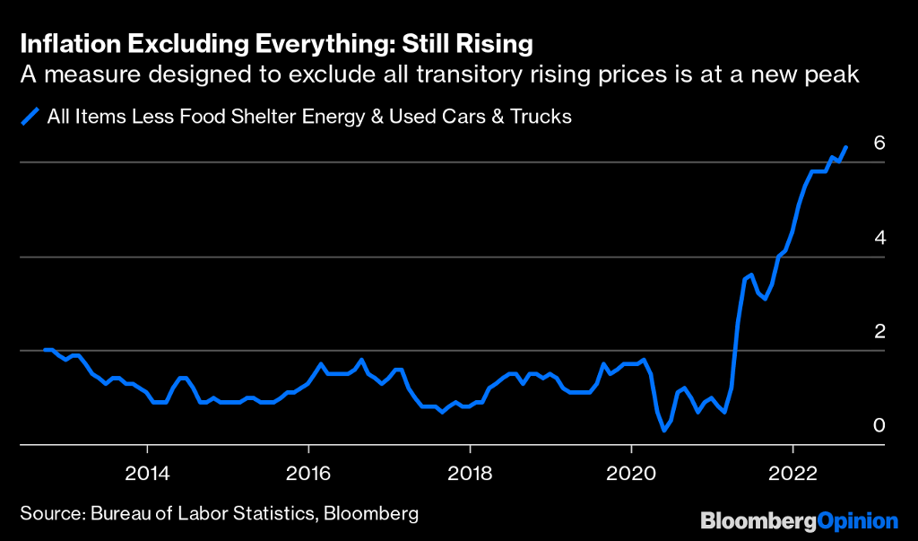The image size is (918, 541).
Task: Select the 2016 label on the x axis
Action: pyautogui.click(x=308, y=473)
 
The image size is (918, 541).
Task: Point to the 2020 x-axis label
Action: pyautogui.click(x=631, y=473)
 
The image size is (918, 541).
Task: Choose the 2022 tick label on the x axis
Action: pyautogui.click(x=792, y=473)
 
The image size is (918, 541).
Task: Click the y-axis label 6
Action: pyautogui.click(x=879, y=143)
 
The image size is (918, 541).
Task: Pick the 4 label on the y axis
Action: pyautogui.click(x=879, y=238)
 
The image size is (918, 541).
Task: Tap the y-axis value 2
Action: pyautogui.click(x=879, y=331)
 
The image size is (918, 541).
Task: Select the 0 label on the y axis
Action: pyautogui.click(x=879, y=425)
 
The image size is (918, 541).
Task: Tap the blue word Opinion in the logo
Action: pyautogui.click(x=858, y=519)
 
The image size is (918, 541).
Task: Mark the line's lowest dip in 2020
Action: pyautogui.click(x=664, y=431)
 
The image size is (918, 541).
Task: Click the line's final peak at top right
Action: pyautogui.click(x=845, y=147)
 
